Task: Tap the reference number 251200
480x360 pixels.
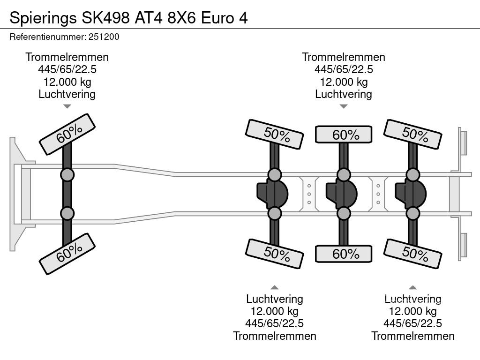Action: pyautogui.click(x=106, y=37)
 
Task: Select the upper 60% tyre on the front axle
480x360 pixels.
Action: pyautogui.click(x=67, y=134)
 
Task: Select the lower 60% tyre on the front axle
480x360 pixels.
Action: pyautogui.click(x=67, y=254)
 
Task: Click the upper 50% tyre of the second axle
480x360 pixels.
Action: pyautogui.click(x=274, y=135)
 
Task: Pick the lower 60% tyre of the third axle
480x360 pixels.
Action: pyautogui.click(x=344, y=254)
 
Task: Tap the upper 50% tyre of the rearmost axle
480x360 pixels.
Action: pyautogui.click(x=412, y=135)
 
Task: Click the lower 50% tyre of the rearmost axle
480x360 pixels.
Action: pyautogui.click(x=412, y=254)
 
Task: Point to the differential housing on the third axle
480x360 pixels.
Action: pyautogui.click(x=342, y=194)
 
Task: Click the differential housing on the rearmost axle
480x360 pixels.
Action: pyautogui.click(x=411, y=194)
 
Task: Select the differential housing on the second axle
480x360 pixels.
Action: pyautogui.click(x=273, y=194)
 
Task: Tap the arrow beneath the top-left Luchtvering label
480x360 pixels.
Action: pyautogui.click(x=67, y=106)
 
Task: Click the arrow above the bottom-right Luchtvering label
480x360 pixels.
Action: pyautogui.click(x=412, y=287)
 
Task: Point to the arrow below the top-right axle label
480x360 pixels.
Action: pyautogui.click(x=344, y=106)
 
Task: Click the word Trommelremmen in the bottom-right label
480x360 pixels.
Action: pyautogui.click(x=412, y=336)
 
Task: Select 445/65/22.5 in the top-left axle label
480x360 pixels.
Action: pyautogui.click(x=67, y=69)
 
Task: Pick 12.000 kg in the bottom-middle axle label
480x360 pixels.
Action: pyautogui.click(x=274, y=311)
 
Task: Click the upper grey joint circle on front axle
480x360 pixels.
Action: pyautogui.click(x=67, y=175)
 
